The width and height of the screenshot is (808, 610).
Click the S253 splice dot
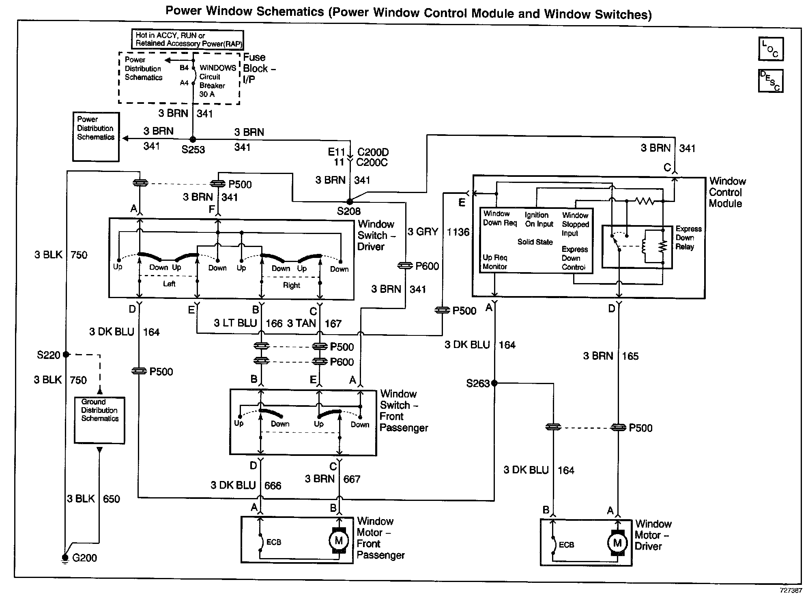click(193, 139)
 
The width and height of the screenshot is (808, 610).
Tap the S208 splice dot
click(350, 201)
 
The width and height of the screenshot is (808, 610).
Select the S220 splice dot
click(66, 354)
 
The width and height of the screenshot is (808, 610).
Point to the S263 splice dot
click(494, 383)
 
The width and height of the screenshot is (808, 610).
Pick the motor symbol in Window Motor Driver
click(617, 543)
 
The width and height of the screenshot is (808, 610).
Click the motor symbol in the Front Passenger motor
click(339, 540)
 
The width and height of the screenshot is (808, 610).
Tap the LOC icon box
click(771, 49)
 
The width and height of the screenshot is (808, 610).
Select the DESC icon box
click(771, 81)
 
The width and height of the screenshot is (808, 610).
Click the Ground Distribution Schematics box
click(99, 420)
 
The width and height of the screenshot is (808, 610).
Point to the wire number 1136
click(458, 232)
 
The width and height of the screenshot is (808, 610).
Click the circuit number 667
click(351, 479)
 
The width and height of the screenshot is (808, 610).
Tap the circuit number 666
click(273, 485)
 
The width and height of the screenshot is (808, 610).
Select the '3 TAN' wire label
click(301, 323)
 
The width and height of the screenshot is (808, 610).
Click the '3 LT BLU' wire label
click(236, 323)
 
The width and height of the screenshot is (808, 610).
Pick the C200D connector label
click(373, 152)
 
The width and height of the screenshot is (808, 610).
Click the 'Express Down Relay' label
click(688, 238)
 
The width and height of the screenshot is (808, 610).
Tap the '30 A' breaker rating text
click(207, 94)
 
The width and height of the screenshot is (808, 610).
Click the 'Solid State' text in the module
click(535, 242)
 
